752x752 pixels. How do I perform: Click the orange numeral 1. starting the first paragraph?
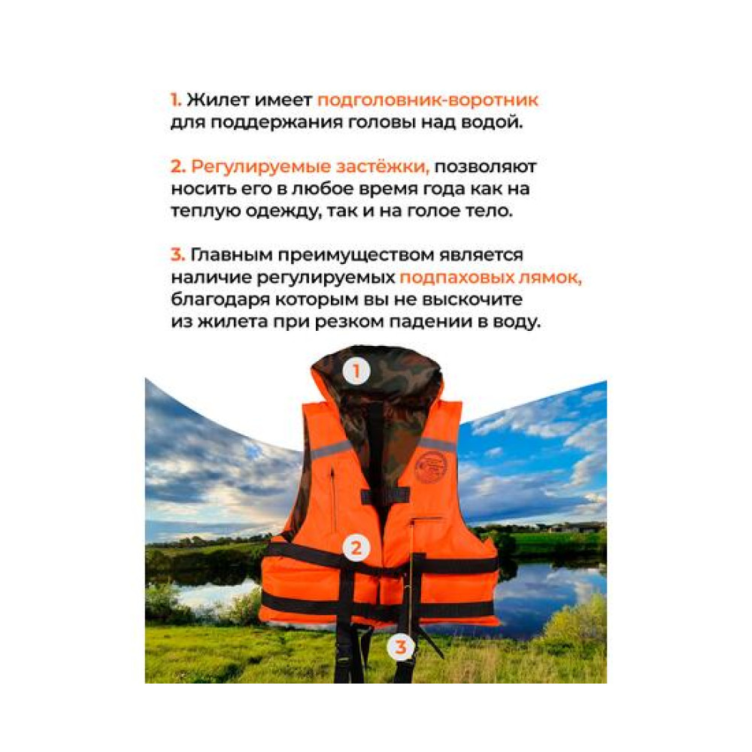click(x=176, y=100)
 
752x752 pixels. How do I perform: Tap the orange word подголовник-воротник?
click(x=428, y=100)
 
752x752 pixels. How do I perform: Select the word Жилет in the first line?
click(x=218, y=100)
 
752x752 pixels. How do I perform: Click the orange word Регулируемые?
click(x=261, y=167)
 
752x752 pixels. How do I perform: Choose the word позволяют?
click(x=485, y=167)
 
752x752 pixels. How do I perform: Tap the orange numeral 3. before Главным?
click(x=177, y=254)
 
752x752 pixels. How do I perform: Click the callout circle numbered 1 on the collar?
click(x=356, y=371)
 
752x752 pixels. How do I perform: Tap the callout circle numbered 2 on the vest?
click(x=356, y=547)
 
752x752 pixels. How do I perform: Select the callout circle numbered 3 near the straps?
click(x=401, y=647)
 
